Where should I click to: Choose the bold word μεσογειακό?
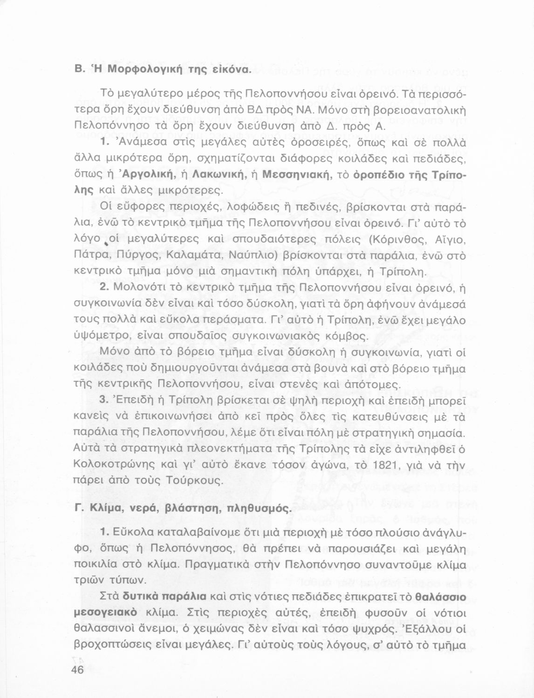point(106,613)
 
